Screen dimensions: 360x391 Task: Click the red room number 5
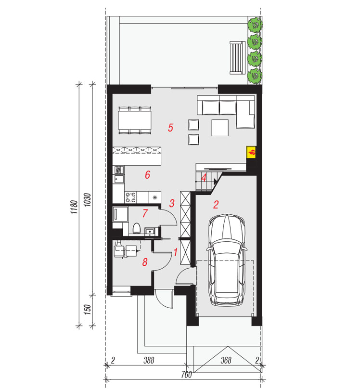click(x=170, y=128)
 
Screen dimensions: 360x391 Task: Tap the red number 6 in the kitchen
click(x=148, y=174)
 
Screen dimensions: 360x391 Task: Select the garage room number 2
click(x=216, y=205)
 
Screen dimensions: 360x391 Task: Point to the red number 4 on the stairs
click(x=204, y=178)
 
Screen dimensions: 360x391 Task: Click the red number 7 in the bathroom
click(x=145, y=213)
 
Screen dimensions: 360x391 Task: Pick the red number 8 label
click(x=145, y=262)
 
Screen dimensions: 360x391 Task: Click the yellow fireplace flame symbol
click(x=251, y=152)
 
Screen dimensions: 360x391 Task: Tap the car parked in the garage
click(x=227, y=260)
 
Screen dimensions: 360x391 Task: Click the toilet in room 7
click(x=136, y=228)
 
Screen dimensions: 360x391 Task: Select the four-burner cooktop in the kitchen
click(x=131, y=197)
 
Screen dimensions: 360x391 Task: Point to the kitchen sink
click(x=119, y=179)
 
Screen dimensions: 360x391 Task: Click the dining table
click(x=135, y=120)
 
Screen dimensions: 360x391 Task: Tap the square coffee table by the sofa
click(x=220, y=128)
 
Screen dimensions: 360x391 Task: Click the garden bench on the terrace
click(x=237, y=58)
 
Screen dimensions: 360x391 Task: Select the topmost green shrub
click(x=255, y=25)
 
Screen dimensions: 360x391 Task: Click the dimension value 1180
click(x=74, y=207)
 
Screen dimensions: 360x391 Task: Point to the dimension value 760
click(x=186, y=375)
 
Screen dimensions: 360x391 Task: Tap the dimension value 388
click(x=149, y=360)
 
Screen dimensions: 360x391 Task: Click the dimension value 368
click(x=226, y=360)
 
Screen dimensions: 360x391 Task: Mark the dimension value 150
click(x=87, y=310)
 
